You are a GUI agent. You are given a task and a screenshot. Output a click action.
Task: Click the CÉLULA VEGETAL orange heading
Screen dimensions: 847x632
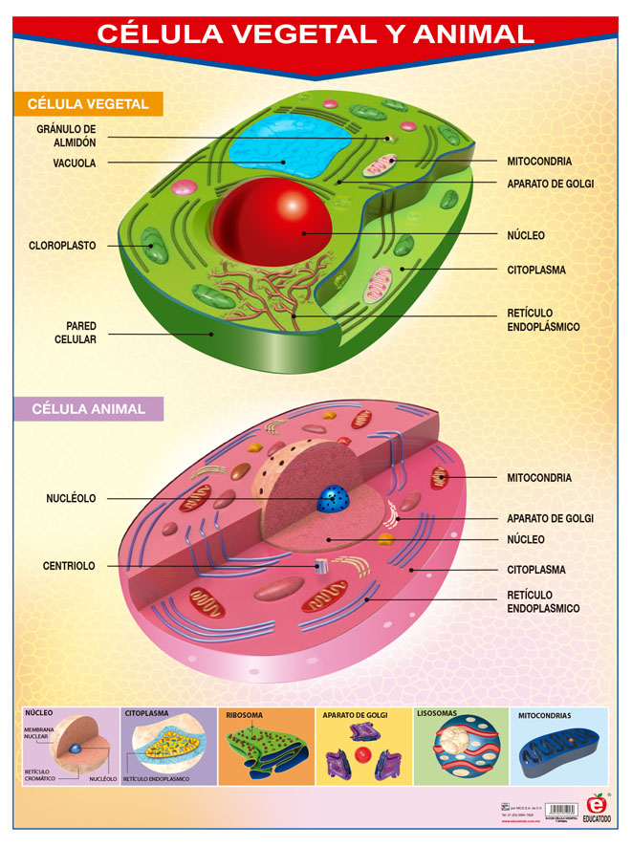point(88,104)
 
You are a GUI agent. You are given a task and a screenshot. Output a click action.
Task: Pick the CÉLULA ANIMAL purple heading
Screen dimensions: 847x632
point(88,409)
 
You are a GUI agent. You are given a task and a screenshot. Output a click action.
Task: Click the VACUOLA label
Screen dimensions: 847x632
point(75,163)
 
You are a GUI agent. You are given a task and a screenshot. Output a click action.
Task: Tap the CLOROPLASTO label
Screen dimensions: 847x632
point(62,246)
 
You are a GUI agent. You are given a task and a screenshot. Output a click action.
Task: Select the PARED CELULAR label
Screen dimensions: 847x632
point(80,333)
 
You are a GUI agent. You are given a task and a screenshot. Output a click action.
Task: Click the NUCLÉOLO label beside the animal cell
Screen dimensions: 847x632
point(71,498)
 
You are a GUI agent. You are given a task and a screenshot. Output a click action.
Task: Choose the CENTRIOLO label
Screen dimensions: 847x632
point(69,566)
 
